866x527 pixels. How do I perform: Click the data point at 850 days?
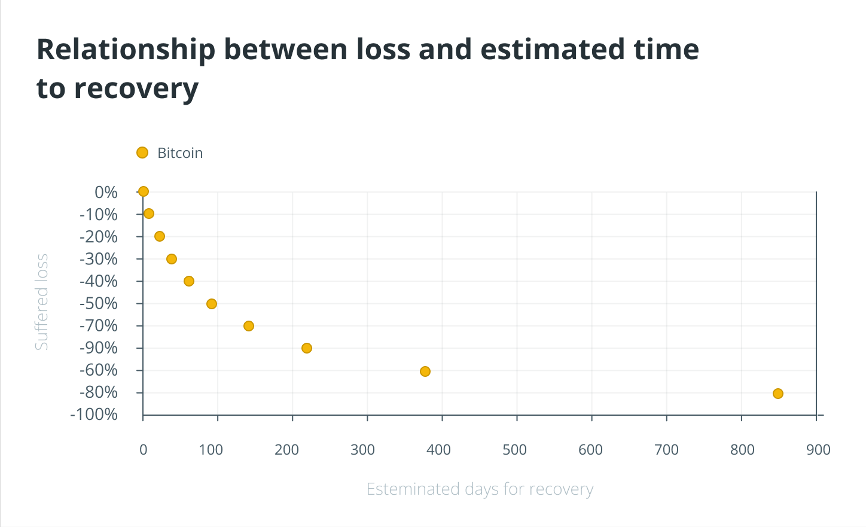777,394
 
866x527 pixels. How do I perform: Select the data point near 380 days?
425,371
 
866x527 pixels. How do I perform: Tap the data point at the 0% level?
144,192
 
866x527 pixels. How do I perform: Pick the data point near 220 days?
307,348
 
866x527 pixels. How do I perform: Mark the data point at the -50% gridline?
212,304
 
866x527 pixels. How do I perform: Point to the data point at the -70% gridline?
249,326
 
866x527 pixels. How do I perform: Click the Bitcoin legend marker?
142,153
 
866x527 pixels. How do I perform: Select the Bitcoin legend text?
180,153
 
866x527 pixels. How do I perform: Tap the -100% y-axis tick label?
94,414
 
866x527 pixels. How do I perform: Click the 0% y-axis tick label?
106,192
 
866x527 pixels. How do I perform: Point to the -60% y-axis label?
99,370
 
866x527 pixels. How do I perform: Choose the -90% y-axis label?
99,348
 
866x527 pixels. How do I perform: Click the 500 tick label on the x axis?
514,450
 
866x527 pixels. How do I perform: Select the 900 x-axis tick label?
818,450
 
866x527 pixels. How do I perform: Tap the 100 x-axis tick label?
211,450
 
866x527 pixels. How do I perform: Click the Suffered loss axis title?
41,302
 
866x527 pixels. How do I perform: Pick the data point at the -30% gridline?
172,259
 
